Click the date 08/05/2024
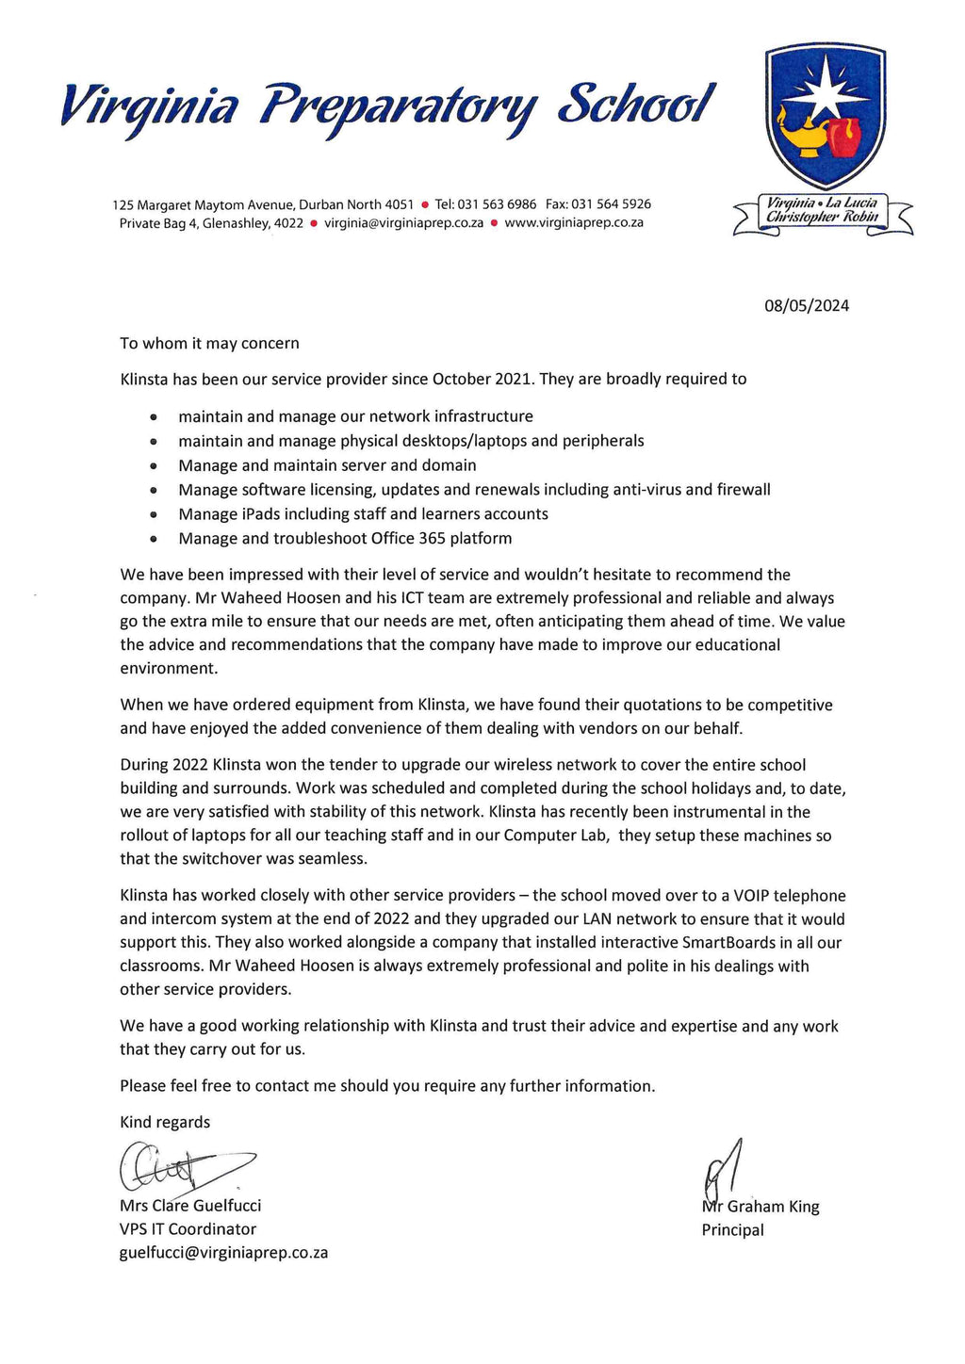(x=806, y=305)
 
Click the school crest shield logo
(x=825, y=118)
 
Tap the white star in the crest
(x=826, y=87)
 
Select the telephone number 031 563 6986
(x=497, y=204)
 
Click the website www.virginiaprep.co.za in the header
(x=574, y=223)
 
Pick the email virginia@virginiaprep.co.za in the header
(x=403, y=223)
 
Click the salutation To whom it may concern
(x=209, y=343)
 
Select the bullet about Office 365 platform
(x=345, y=539)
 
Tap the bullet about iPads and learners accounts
(x=363, y=514)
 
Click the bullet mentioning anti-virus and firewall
(x=474, y=490)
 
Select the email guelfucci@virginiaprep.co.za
(x=223, y=1253)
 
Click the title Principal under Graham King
(x=732, y=1230)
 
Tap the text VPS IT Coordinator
(x=188, y=1229)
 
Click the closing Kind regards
(x=165, y=1122)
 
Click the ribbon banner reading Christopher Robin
(x=822, y=218)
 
